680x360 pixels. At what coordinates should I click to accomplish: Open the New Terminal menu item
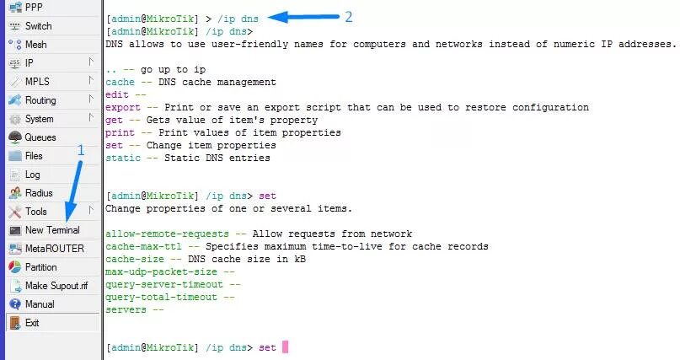click(x=51, y=229)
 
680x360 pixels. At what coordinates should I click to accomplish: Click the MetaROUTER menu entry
click(x=53, y=248)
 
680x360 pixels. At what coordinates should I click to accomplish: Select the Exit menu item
click(x=32, y=322)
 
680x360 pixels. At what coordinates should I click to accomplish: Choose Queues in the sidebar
click(x=40, y=137)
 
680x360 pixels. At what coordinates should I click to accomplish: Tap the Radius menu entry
click(x=39, y=192)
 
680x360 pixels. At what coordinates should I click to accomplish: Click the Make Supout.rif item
click(x=56, y=285)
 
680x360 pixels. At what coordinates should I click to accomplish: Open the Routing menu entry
click(x=40, y=99)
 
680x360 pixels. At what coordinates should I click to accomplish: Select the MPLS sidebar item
click(x=37, y=81)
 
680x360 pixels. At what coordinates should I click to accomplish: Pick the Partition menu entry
click(x=41, y=266)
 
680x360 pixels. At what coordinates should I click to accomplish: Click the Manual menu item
click(x=40, y=304)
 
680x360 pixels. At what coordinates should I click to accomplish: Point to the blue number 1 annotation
click(x=81, y=149)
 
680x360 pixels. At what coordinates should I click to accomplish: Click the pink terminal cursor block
click(x=285, y=347)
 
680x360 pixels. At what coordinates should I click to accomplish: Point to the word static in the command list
click(x=123, y=158)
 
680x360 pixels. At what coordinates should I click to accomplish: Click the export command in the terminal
click(x=123, y=107)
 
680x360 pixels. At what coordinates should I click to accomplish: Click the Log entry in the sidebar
click(x=32, y=174)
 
